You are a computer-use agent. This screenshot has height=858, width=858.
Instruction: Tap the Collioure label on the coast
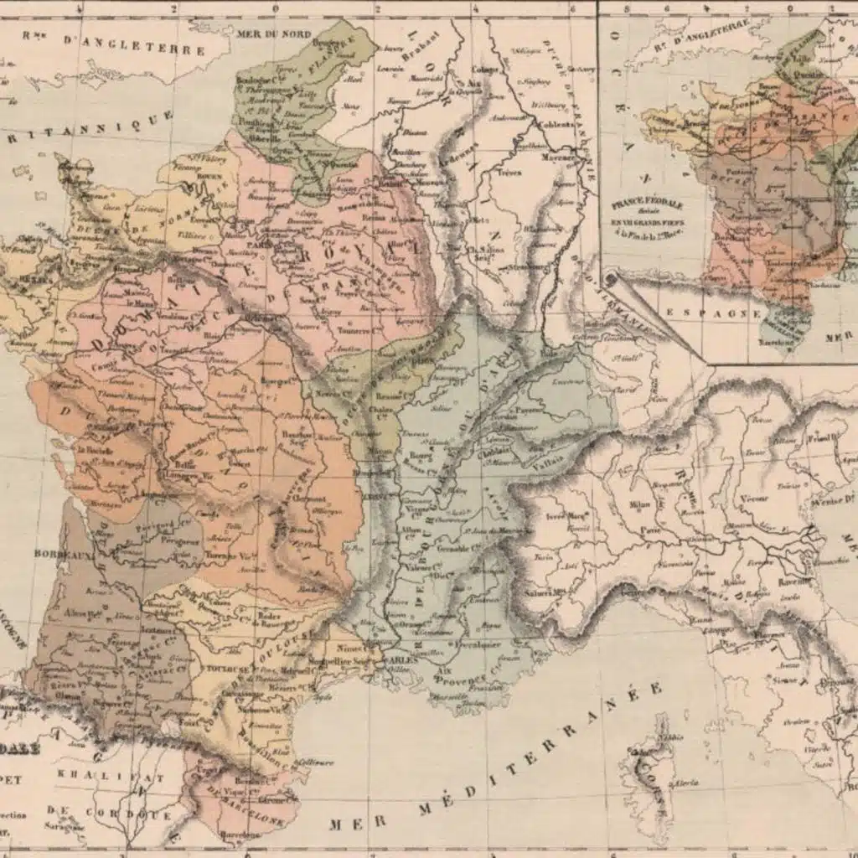click(x=315, y=762)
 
